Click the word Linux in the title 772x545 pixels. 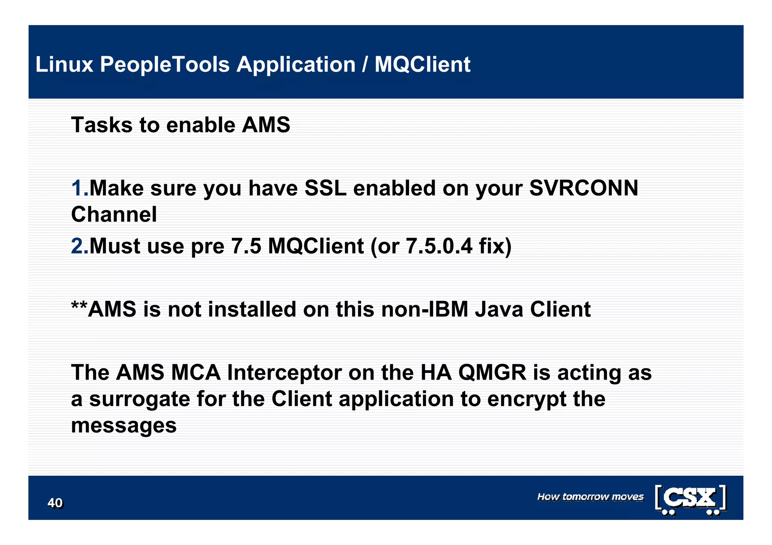pyautogui.click(x=64, y=64)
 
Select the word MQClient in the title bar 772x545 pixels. pyautogui.click(x=422, y=64)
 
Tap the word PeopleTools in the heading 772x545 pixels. pyautogui.click(x=165, y=65)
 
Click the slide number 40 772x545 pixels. pyautogui.click(x=55, y=503)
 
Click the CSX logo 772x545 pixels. pyautogui.click(x=691, y=499)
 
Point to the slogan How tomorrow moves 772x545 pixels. pyautogui.click(x=590, y=497)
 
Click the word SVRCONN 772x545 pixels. pyautogui.click(x=584, y=188)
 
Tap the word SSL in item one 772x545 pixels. pyautogui.click(x=325, y=188)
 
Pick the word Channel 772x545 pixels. pyautogui.click(x=114, y=214)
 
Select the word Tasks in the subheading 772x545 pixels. pyautogui.click(x=102, y=125)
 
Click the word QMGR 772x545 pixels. pyautogui.click(x=492, y=372)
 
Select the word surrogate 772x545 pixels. pyautogui.click(x=139, y=400)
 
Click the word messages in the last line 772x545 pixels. pyautogui.click(x=124, y=426)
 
